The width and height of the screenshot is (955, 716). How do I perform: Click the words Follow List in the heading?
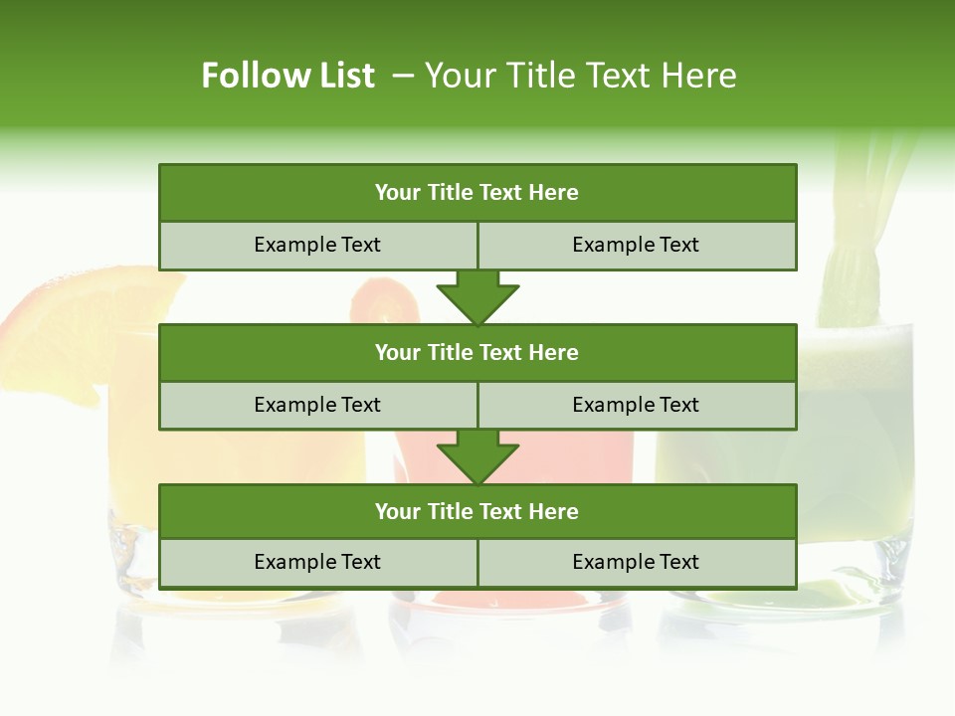tap(288, 76)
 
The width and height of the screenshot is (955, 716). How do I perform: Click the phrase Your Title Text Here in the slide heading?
tap(580, 76)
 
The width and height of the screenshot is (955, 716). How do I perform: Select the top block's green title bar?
tap(477, 193)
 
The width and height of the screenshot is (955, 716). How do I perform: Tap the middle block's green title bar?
tap(477, 352)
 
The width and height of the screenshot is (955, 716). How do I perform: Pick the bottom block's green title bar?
tap(477, 511)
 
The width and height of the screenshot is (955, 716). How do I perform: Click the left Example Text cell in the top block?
tap(318, 245)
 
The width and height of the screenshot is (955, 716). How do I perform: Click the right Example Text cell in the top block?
tap(637, 245)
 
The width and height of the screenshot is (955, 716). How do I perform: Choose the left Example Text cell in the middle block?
tap(318, 405)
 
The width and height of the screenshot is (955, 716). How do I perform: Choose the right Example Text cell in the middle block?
tap(637, 405)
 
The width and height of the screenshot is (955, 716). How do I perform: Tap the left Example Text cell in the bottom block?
tap(318, 562)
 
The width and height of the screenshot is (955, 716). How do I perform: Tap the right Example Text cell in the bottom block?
tap(637, 562)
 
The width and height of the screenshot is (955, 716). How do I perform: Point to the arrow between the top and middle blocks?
tap(477, 297)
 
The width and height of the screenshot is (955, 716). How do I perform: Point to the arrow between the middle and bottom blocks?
tap(477, 456)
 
